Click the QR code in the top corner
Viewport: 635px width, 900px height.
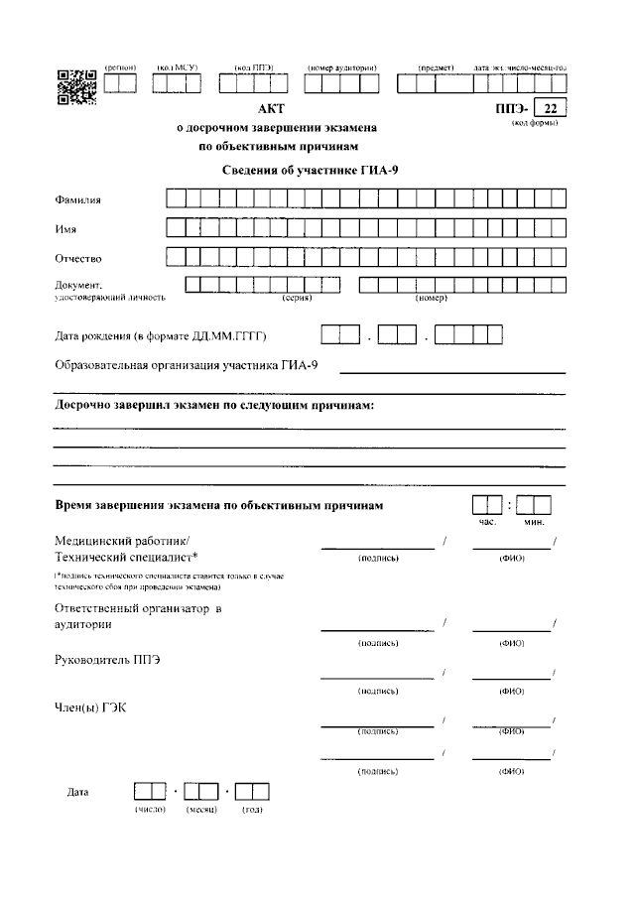click(x=75, y=86)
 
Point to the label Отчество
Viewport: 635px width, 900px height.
click(x=78, y=259)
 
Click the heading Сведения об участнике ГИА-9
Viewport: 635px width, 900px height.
click(x=309, y=171)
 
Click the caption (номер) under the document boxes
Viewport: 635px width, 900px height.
click(x=432, y=298)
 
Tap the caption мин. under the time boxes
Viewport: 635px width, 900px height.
click(x=535, y=522)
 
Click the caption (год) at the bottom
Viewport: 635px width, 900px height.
click(x=252, y=811)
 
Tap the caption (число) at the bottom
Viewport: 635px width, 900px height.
click(x=150, y=811)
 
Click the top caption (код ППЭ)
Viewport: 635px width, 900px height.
click(x=253, y=66)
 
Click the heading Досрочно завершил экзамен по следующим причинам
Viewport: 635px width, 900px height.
click(x=213, y=406)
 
